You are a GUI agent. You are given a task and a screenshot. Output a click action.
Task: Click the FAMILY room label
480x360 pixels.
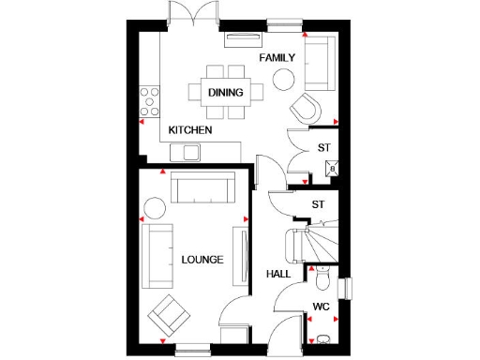pos(277,57)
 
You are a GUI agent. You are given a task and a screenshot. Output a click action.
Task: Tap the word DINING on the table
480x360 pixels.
pos(226,92)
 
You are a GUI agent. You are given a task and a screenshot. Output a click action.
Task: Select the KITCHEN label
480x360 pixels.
pos(190,129)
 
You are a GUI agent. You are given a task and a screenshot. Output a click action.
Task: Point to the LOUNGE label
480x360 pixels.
pos(202,259)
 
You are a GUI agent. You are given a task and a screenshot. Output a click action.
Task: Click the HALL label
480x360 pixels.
pos(278,274)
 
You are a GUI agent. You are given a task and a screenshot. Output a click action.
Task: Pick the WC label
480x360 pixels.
pos(322,306)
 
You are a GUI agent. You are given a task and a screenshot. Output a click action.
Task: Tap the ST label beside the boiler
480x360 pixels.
pos(324,147)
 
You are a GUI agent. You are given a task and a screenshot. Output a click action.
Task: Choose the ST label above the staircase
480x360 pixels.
pos(318,203)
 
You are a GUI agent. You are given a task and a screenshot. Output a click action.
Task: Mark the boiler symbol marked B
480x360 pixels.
pos(331,168)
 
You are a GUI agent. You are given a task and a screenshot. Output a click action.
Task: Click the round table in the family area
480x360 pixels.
pos(283,80)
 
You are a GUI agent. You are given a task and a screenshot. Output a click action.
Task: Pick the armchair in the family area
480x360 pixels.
pos(307,106)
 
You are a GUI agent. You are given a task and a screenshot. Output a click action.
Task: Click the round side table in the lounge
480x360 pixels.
pos(155,206)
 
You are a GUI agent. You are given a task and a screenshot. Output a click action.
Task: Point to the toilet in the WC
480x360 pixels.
pos(322,278)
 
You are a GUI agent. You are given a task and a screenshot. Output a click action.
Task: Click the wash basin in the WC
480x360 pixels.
pos(323,337)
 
